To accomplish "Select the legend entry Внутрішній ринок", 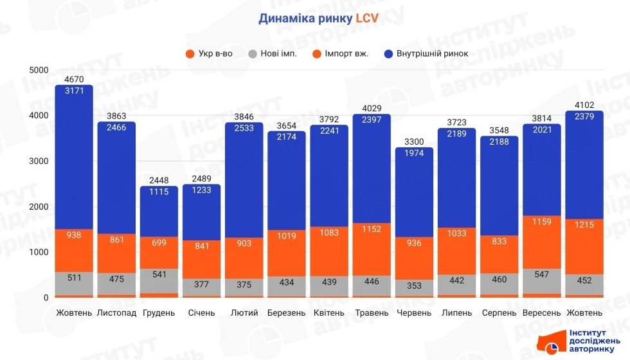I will (431, 53).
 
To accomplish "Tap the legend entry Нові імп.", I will (273, 53).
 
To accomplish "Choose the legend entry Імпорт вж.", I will (340, 53).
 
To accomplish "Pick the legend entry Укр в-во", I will (210, 53).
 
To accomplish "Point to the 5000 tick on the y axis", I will (39, 70).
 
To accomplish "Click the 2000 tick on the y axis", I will (39, 206).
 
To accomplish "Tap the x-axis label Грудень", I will (158, 313).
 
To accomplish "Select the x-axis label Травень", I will (372, 313).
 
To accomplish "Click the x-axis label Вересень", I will (542, 313).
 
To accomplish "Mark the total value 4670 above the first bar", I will (74, 79).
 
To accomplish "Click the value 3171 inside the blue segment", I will (74, 91).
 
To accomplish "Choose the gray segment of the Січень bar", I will (201, 287).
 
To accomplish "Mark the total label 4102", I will (584, 105).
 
